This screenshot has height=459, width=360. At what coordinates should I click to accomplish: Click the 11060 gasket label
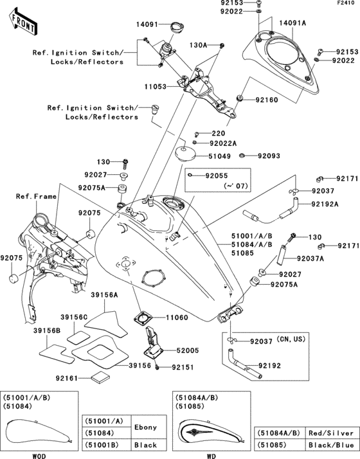pos(178,318)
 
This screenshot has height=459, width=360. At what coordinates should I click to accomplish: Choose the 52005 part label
pos(188,351)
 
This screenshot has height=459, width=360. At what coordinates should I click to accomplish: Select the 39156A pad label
pos(104,294)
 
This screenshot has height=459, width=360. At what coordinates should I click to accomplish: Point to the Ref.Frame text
pos(33,196)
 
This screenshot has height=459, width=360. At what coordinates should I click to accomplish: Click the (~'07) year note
pos(219,186)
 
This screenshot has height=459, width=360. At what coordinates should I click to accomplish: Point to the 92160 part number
pos(269,101)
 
